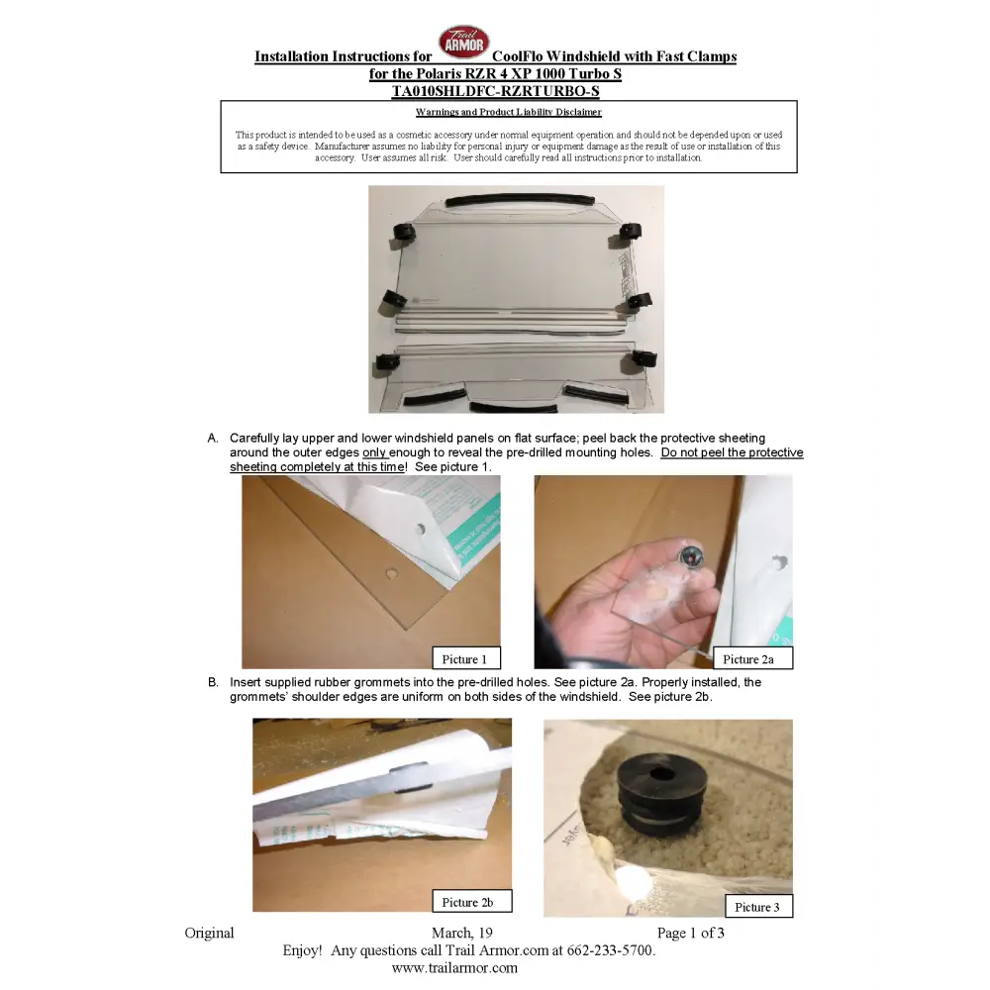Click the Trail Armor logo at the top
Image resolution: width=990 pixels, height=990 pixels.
464,42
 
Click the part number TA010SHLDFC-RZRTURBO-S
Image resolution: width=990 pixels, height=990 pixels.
496,91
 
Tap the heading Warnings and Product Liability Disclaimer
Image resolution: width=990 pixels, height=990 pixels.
508,113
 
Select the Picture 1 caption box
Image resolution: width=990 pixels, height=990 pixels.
466,658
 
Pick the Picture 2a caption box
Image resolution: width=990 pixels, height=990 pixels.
752,658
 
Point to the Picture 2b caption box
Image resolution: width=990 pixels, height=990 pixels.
471,901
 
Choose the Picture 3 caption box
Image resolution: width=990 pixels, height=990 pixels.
759,906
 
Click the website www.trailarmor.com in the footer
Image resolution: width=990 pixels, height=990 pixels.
454,968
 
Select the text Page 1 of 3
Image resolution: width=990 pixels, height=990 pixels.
690,933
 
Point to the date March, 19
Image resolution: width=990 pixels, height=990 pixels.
462,933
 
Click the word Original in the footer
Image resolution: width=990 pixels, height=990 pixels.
209,933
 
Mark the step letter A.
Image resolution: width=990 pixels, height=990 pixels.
213,439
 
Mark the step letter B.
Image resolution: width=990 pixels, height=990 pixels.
213,682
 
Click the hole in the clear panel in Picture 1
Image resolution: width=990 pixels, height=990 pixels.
392,574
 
